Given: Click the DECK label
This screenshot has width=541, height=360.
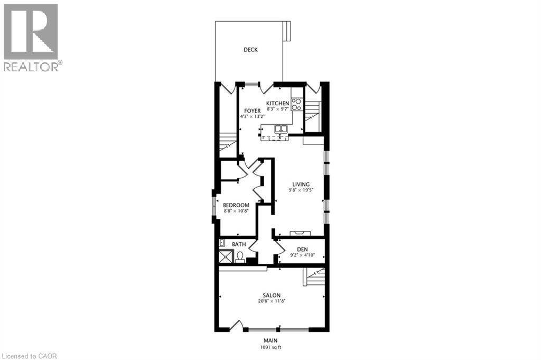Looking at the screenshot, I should point(250,50).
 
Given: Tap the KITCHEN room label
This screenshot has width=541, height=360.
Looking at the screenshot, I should point(277,103).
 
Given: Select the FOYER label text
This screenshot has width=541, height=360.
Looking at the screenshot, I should point(252,110).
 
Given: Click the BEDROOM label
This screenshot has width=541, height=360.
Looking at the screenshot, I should point(236,205).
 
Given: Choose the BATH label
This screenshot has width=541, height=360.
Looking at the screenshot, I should point(239,244).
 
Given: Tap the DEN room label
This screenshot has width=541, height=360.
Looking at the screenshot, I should point(302,248).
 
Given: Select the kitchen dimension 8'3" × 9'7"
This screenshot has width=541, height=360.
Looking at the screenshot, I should point(278,109).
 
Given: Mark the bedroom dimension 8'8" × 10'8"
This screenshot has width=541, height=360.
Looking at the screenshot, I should point(236,211).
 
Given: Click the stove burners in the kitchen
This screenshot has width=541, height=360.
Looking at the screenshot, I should point(296,104).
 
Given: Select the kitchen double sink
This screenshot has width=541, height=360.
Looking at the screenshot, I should point(281,128).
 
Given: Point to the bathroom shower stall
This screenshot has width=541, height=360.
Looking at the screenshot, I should point(226,257).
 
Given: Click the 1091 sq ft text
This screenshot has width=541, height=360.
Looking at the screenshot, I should point(271,347).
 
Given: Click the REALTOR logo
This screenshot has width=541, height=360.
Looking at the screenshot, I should point(32,37).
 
